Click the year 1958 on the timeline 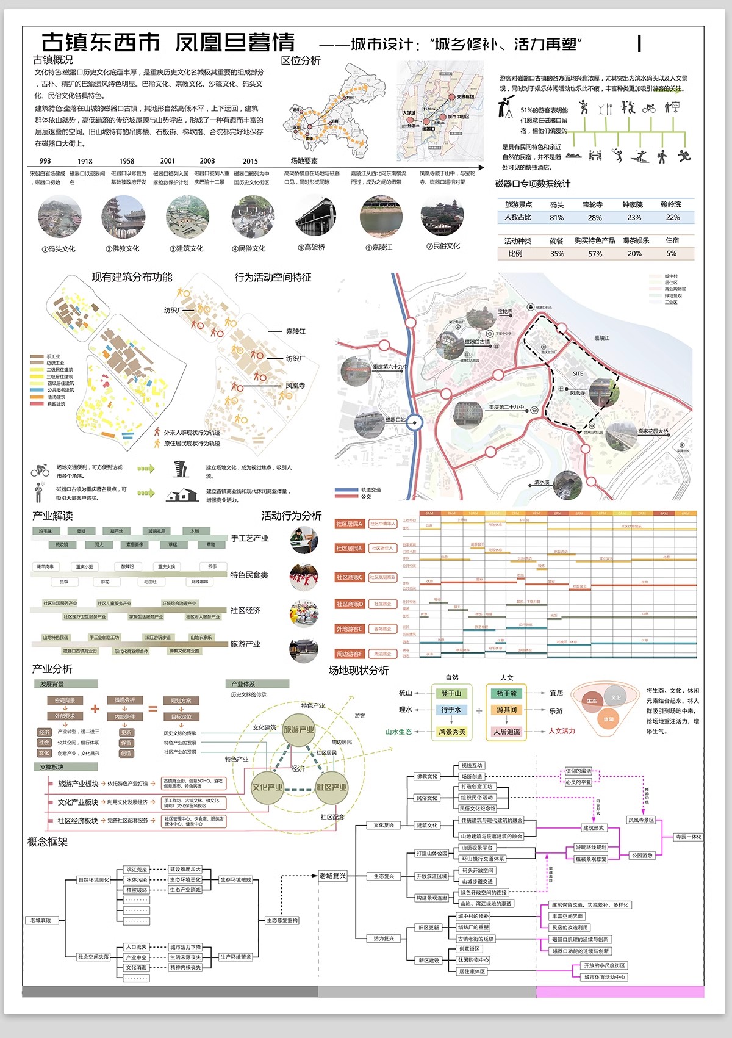127,161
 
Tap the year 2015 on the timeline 250,161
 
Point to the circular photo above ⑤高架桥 316,217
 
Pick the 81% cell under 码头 556,217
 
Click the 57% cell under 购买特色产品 595,253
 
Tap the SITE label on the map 578,373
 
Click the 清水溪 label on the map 542,482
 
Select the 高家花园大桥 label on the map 653,431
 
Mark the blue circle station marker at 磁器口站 415,422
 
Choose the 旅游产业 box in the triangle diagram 299,730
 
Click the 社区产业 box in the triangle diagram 331,787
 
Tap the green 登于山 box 451,693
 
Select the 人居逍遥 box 507,731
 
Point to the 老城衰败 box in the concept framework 41,920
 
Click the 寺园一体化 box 689,837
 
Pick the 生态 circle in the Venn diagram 592,701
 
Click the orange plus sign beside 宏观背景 95,708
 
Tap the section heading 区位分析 300,61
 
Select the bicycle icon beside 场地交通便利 40,470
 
